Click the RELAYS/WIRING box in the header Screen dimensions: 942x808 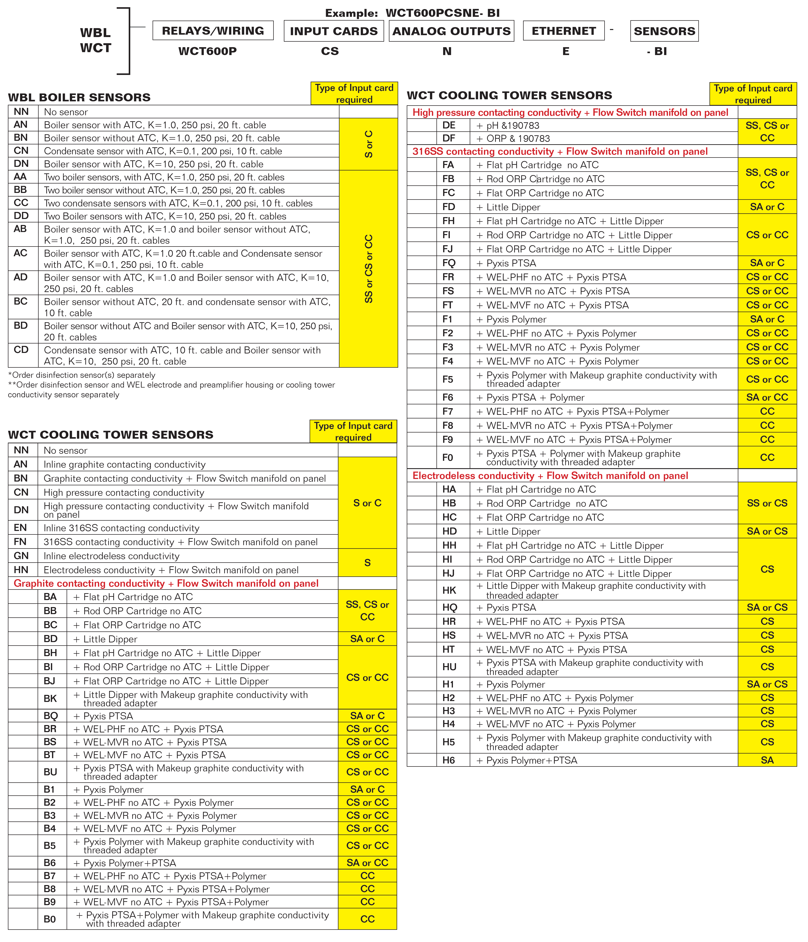(213, 31)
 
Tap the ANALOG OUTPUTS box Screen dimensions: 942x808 (451, 31)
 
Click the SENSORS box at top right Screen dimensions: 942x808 (664, 31)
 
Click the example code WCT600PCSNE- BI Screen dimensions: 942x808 (442, 13)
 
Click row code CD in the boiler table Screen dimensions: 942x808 (21, 350)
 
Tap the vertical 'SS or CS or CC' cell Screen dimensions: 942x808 (368, 269)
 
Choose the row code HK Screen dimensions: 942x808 (449, 590)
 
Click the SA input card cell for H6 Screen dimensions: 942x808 (767, 760)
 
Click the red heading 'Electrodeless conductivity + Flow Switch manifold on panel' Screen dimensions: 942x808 (550, 476)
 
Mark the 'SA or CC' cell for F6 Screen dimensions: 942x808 (767, 397)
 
